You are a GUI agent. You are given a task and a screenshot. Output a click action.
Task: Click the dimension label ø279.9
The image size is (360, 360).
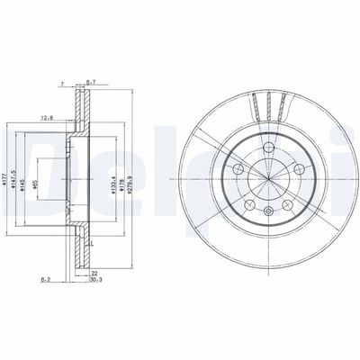click(139, 166)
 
